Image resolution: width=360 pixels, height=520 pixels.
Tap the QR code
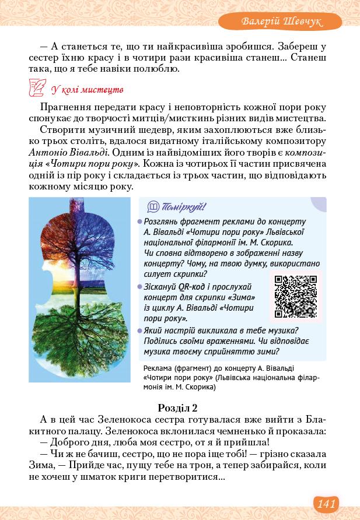(x=295, y=296)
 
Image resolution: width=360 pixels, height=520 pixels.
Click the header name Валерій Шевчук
(x=283, y=22)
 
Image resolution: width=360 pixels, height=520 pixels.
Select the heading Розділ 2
(x=178, y=407)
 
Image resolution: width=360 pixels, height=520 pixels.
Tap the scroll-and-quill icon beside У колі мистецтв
(x=37, y=89)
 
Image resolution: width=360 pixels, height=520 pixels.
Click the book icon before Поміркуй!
(x=153, y=207)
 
